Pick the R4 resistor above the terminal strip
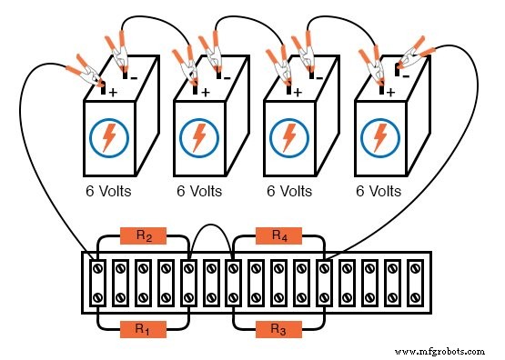(x=279, y=236)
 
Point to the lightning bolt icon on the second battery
(x=199, y=137)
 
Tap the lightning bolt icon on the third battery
(x=289, y=137)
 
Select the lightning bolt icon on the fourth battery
(x=379, y=137)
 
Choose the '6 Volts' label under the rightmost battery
(x=379, y=192)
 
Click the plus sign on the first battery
(x=114, y=93)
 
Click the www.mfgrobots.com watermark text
(x=439, y=349)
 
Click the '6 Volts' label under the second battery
(x=199, y=192)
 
